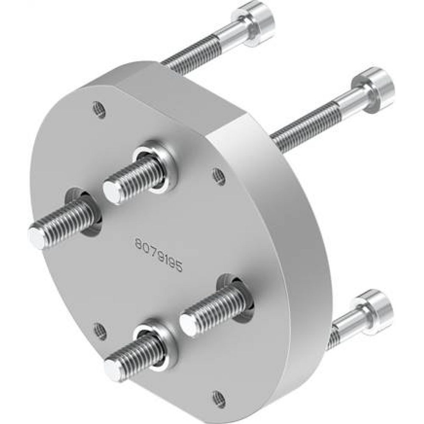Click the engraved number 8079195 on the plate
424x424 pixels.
pyautogui.click(x=159, y=254)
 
